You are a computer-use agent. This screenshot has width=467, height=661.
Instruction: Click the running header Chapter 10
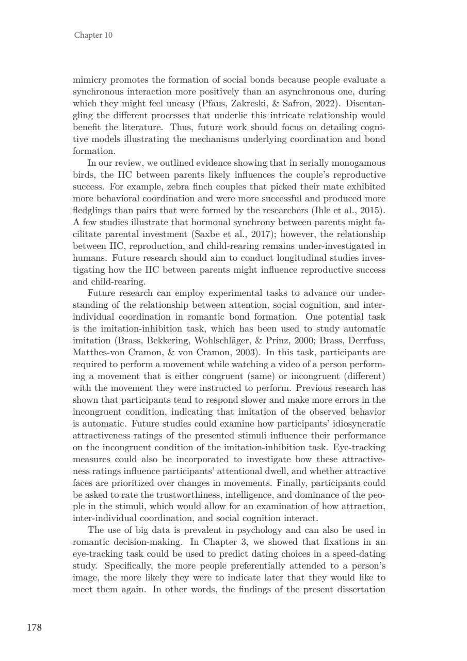coord(93,35)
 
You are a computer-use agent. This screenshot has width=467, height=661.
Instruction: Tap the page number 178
coord(34,627)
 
